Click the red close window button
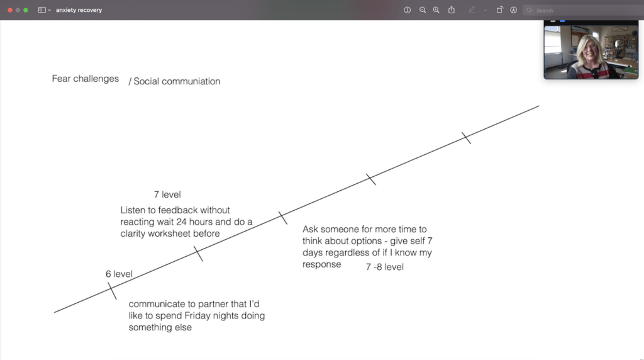pyautogui.click(x=10, y=10)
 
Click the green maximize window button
pyautogui.click(x=25, y=10)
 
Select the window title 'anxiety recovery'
pyautogui.click(x=79, y=10)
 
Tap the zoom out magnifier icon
pyautogui.click(x=422, y=10)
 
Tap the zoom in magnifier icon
pyautogui.click(x=436, y=10)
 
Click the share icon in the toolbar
pyautogui.click(x=452, y=9)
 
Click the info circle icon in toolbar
pyautogui.click(x=407, y=10)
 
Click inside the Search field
pyautogui.click(x=583, y=10)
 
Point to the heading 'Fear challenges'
pyautogui.click(x=86, y=79)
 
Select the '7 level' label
pyautogui.click(x=167, y=194)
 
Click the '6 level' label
pyautogui.click(x=119, y=274)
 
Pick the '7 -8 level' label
pyautogui.click(x=385, y=267)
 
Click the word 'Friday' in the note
pyautogui.click(x=197, y=315)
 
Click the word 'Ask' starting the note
pyautogui.click(x=310, y=229)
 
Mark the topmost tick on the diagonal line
pyautogui.click(x=466, y=138)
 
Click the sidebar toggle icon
pyautogui.click(x=42, y=10)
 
